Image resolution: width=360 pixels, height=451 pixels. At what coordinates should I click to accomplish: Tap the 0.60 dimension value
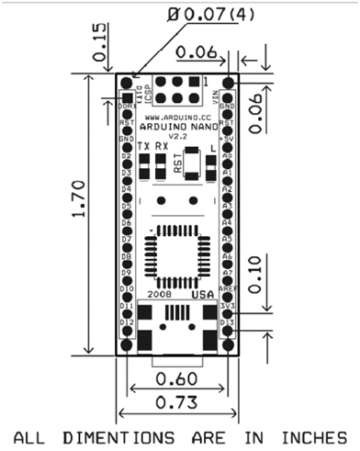tap(175, 378)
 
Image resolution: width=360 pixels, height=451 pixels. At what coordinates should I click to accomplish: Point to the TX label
tap(143, 147)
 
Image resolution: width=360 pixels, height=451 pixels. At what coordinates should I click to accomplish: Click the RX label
tap(162, 147)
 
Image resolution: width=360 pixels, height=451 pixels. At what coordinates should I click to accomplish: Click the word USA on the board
tap(203, 295)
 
